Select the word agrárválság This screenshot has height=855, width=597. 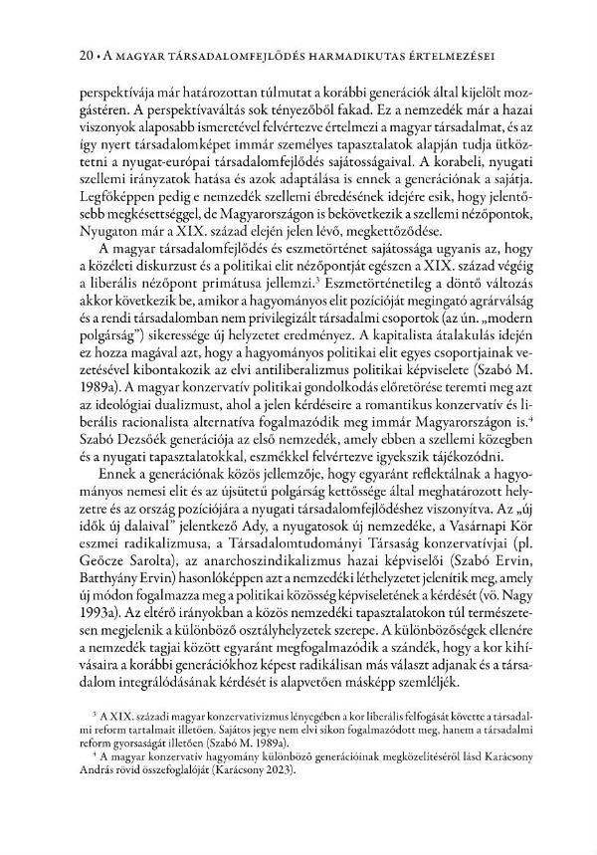[x=489, y=314]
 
